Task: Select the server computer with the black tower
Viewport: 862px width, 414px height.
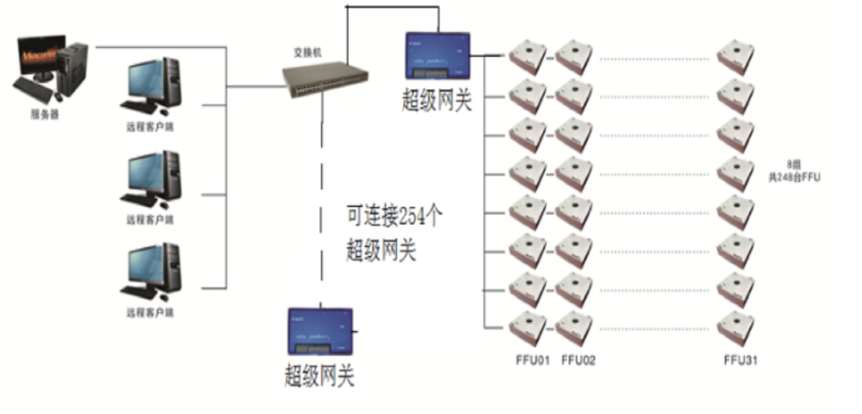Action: click(x=52, y=69)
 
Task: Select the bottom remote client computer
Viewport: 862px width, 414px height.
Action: click(x=151, y=274)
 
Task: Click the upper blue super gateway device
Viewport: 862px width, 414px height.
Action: click(x=437, y=56)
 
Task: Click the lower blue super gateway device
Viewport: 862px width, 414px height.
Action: click(x=320, y=331)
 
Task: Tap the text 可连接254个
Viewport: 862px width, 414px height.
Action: click(x=395, y=217)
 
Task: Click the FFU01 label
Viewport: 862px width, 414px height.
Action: click(x=532, y=360)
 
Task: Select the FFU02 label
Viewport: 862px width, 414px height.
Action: click(x=578, y=360)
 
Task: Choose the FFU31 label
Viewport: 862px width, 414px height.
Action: click(x=741, y=360)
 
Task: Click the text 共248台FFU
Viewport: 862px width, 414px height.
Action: click(x=794, y=178)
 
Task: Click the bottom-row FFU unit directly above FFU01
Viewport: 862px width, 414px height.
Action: click(x=528, y=328)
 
